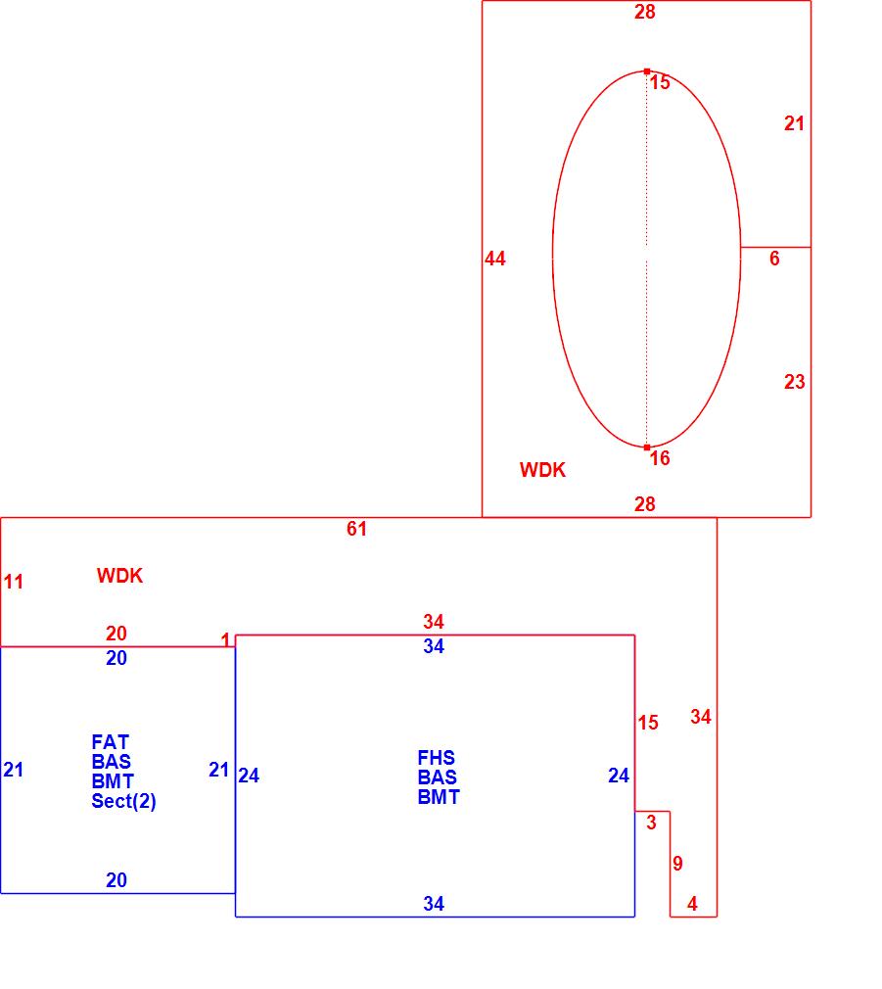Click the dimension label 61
pos(356,529)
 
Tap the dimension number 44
pos(495,259)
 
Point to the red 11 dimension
pos(13,582)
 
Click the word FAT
pos(111,742)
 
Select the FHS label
pos(436,758)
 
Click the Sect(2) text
pos(124,801)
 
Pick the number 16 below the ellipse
pos(660,458)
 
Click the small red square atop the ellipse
pos(646,71)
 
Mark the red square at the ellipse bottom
pos(646,447)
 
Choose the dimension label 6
pos(774,259)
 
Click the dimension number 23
pos(794,382)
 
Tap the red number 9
pos(677,864)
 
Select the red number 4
pos(692,904)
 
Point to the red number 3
pos(652,823)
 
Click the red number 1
pos(225,640)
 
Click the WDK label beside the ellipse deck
pos(542,470)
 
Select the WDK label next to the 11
pos(119,576)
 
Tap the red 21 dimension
pos(794,123)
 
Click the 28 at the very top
pos(644,12)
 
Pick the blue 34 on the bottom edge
pos(434,904)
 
